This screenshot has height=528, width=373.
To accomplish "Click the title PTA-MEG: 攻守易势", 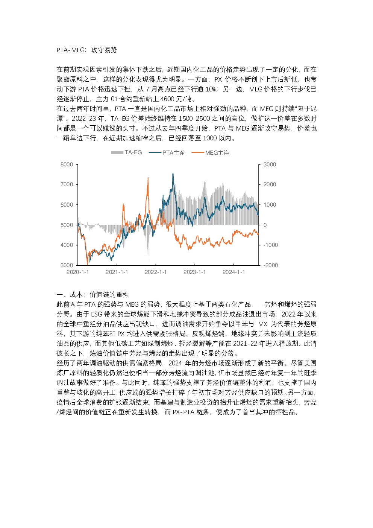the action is click(86, 50).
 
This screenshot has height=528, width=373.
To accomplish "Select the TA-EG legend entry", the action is click(127, 152).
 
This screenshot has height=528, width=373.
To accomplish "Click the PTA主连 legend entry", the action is click(167, 153).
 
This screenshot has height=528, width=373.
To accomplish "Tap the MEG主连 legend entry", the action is click(210, 153).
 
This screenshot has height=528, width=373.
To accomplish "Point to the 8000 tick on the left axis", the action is click(67, 164).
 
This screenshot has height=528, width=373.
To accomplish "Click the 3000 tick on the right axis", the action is click(270, 164).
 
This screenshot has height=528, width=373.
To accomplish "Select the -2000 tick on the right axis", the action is click(271, 265).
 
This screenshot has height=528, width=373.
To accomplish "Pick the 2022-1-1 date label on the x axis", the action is click(156, 272).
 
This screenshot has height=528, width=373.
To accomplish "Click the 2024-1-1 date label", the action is click(234, 272).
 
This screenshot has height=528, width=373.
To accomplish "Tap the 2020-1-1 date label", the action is click(78, 272).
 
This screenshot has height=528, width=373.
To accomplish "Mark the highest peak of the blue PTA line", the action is click(173, 173).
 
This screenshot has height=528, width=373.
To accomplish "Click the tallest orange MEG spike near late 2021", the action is click(148, 178).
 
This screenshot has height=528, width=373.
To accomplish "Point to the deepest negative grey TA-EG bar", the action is click(148, 261).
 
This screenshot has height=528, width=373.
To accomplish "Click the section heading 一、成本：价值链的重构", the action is click(92, 295).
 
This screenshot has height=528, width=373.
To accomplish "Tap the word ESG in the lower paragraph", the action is click(96, 314).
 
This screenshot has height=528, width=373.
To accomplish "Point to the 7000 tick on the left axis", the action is click(67, 184).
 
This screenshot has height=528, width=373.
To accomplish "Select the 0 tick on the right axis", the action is click(265, 225).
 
